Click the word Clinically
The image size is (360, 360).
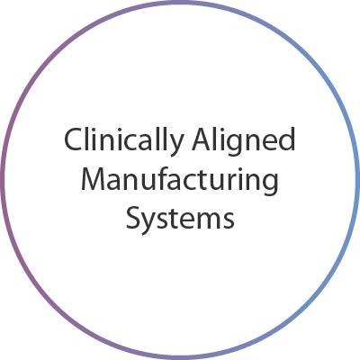tap(123, 141)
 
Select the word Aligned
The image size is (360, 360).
tap(244, 141)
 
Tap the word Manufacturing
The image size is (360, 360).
tap(180, 180)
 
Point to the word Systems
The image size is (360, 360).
tap(180, 217)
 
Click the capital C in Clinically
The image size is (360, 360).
tap(72, 139)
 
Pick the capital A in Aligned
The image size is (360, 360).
tap(202, 139)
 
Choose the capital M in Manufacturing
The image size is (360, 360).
tap(93, 179)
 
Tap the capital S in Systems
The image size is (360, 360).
tap(133, 217)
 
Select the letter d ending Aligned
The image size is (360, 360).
tap(288, 139)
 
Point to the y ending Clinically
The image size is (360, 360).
tap(175, 146)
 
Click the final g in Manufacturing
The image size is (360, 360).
tap(271, 184)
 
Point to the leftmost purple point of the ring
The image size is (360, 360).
tap(2, 180)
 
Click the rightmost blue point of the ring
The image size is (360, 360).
tap(358, 180)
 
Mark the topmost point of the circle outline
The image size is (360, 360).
tap(180, 2)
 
